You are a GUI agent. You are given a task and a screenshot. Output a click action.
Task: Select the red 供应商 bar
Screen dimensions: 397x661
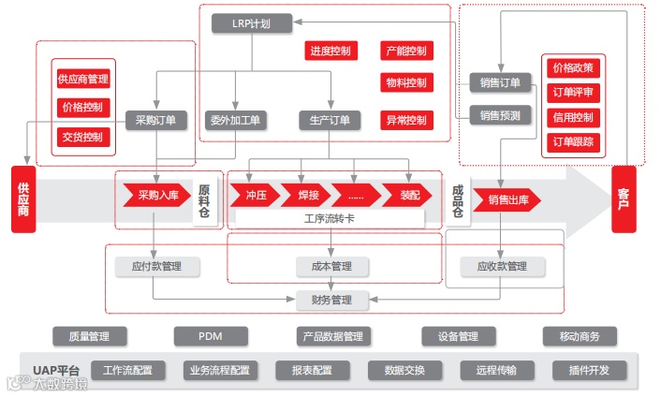pyautogui.click(x=22, y=198)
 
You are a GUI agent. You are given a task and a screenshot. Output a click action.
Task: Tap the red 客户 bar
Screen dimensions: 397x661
pyautogui.click(x=624, y=198)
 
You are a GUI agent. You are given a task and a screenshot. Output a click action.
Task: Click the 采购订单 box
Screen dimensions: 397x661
pyautogui.click(x=155, y=120)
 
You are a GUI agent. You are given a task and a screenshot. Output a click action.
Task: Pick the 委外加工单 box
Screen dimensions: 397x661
pyautogui.click(x=236, y=120)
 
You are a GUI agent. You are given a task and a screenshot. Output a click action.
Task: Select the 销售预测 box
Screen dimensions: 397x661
pyautogui.click(x=501, y=116)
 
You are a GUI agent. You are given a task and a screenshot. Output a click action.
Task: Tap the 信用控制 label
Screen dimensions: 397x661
pyautogui.click(x=573, y=117)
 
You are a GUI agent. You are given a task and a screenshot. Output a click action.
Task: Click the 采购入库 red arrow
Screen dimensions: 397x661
pyautogui.click(x=153, y=195)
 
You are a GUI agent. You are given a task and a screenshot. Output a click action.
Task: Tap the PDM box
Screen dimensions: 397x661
pyautogui.click(x=210, y=336)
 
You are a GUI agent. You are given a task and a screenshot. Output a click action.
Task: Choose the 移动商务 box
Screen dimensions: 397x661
pyautogui.click(x=579, y=336)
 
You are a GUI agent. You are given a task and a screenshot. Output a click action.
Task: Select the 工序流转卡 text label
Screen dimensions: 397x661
pyautogui.click(x=329, y=218)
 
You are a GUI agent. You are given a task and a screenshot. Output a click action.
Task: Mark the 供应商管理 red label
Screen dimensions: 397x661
pyautogui.click(x=83, y=78)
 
